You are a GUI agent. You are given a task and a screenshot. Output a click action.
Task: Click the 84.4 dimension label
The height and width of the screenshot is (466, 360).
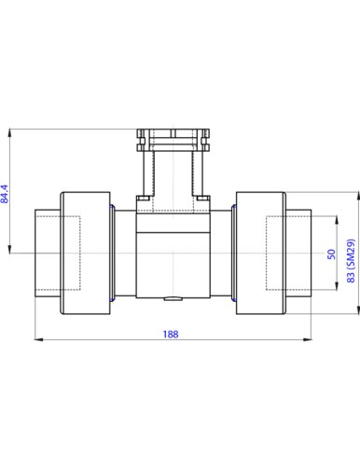[x=6, y=194]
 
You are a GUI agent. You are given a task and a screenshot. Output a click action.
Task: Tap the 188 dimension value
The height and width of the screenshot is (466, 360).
[x=171, y=335]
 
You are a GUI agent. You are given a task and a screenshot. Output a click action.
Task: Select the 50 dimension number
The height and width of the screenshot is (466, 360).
[x=332, y=254]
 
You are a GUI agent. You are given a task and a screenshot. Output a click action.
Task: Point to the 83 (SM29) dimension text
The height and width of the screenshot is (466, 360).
[x=351, y=261]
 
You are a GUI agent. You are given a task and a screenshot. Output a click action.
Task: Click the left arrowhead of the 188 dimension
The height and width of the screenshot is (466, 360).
[x=38, y=339]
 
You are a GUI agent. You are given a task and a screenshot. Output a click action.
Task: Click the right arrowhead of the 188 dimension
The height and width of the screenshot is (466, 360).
[x=308, y=339]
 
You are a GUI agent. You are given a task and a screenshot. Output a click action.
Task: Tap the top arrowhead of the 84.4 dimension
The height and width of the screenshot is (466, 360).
[x=10, y=132]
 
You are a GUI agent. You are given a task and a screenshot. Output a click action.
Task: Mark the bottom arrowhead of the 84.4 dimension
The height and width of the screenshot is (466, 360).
[x=10, y=250]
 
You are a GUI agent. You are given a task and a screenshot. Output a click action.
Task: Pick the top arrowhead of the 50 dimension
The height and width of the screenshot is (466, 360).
[x=337, y=220]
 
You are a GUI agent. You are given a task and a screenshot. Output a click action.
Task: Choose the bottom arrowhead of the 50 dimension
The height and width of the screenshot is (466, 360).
[x=337, y=286]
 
